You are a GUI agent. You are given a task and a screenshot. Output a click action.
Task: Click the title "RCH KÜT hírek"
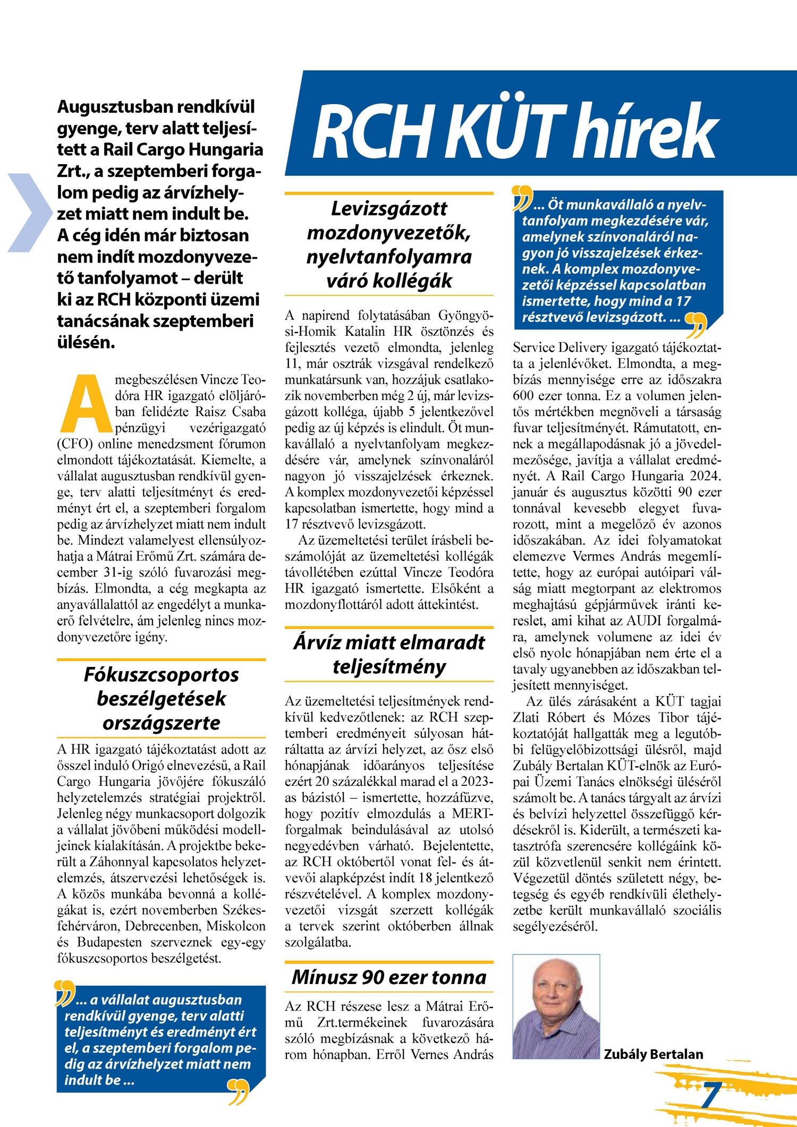[x=515, y=130]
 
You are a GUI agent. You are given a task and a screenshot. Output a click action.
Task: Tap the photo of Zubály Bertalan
[x=556, y=1006]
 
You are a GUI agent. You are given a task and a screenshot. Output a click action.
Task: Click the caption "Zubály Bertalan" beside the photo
[x=653, y=1054]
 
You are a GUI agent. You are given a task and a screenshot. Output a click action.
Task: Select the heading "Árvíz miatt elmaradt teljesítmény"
[x=389, y=654]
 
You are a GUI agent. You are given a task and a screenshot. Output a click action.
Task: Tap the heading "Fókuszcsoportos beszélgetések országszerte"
[x=161, y=698]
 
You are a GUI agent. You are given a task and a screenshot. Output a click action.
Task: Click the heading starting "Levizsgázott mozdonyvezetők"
[x=389, y=244]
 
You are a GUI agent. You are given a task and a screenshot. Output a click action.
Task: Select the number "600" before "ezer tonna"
[x=523, y=396]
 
